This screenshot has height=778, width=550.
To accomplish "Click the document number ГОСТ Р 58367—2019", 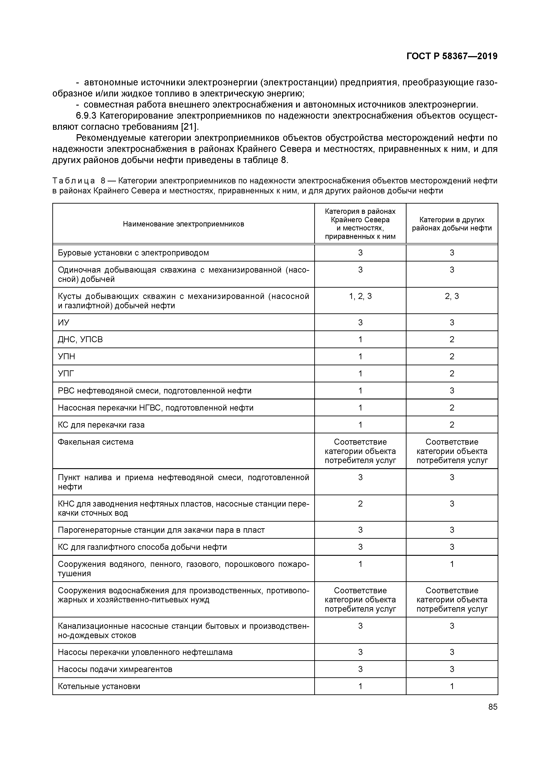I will tap(452, 56).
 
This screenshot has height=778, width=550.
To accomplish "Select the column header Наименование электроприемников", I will tap(183, 224).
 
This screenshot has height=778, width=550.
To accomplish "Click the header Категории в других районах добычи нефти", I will tap(452, 224).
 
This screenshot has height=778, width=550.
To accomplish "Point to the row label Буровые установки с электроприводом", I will tap(133, 253).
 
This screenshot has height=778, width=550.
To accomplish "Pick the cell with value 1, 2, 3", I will tap(360, 297).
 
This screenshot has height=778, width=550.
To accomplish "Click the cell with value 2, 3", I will tap(452, 297).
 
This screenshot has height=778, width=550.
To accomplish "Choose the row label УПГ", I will tap(66, 374).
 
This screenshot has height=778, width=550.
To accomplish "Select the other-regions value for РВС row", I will tap(452, 391).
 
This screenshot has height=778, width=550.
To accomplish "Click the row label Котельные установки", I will tap(99, 686).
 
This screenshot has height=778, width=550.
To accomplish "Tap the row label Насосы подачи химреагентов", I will tap(115, 669).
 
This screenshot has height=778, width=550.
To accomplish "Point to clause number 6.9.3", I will tap(86, 116).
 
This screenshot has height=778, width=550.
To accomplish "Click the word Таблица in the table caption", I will tap(74, 181).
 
